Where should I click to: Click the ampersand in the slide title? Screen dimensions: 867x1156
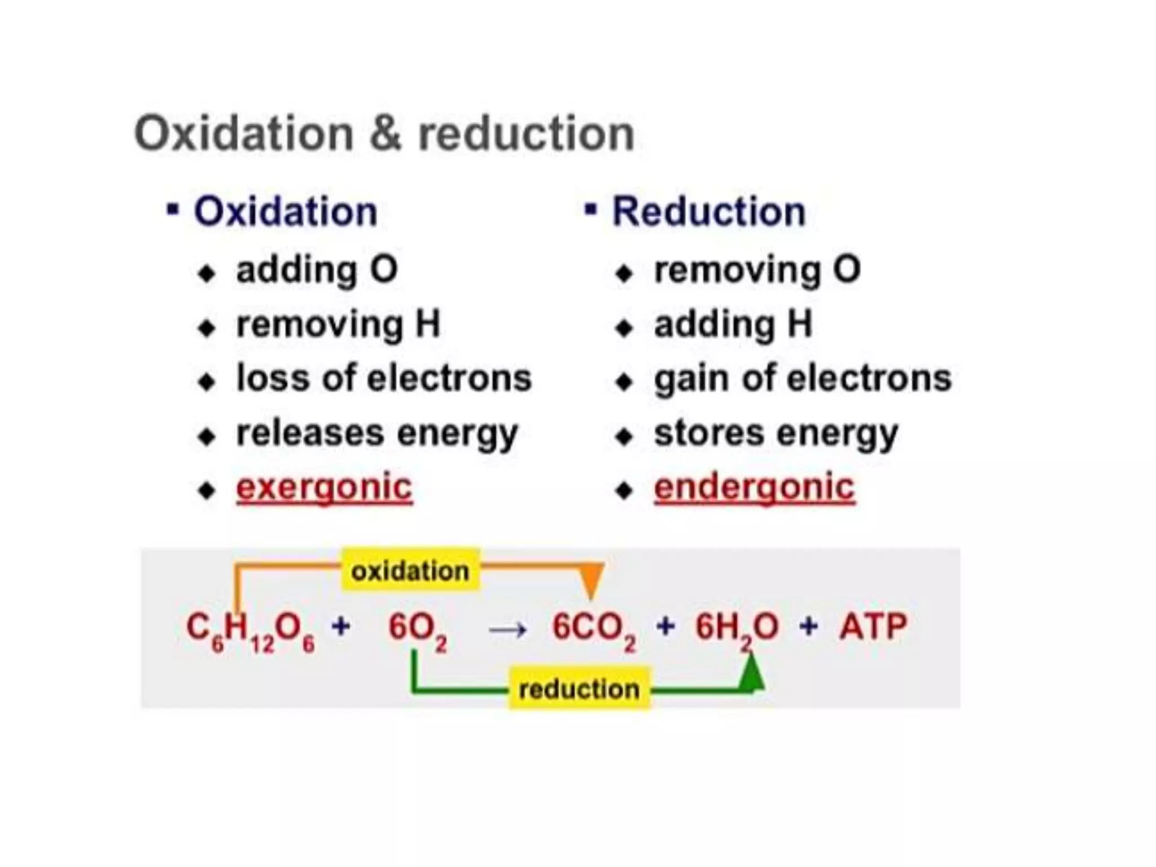click(x=386, y=134)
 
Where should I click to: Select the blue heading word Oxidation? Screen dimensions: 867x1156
click(x=286, y=212)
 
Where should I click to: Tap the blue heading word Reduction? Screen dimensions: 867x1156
click(x=709, y=212)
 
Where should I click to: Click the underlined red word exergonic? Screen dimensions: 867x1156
click(x=324, y=487)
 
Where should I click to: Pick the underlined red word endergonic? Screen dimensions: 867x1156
click(x=754, y=487)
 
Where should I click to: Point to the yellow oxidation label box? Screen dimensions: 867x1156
click(x=410, y=571)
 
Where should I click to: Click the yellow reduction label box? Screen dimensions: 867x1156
click(x=579, y=689)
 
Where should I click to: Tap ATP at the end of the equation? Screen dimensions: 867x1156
click(x=873, y=627)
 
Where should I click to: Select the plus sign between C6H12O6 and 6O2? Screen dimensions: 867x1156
click(x=341, y=626)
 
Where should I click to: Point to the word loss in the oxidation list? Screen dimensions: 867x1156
click(x=273, y=378)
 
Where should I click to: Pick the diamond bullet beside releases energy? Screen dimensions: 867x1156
click(x=207, y=436)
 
